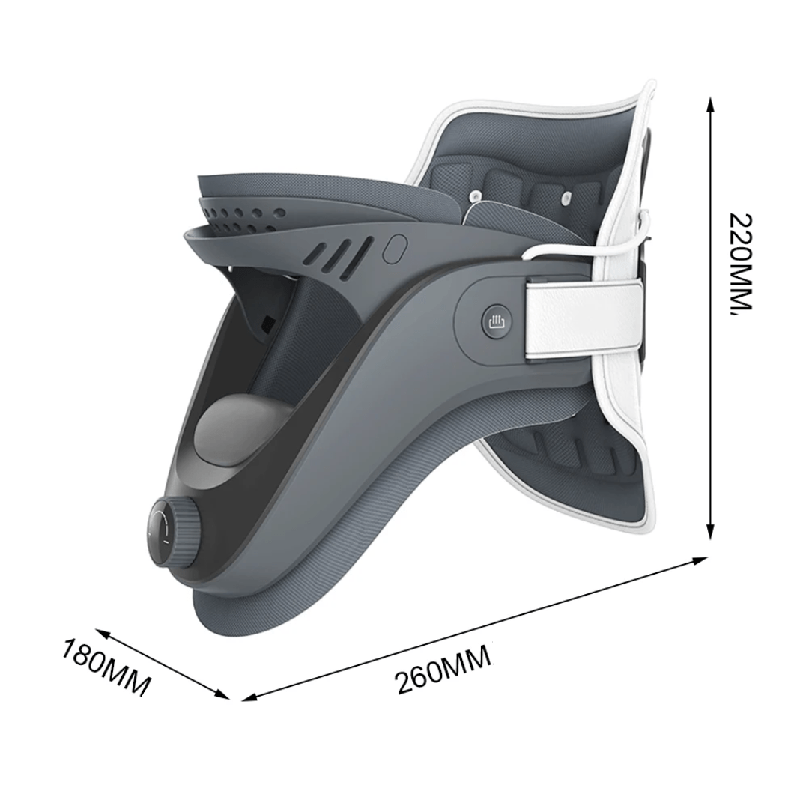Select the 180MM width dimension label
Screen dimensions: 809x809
[x=106, y=667]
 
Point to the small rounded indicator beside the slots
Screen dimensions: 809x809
[x=396, y=248]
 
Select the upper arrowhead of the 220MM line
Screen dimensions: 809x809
[x=710, y=105]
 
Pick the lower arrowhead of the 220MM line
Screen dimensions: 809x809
[x=710, y=532]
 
